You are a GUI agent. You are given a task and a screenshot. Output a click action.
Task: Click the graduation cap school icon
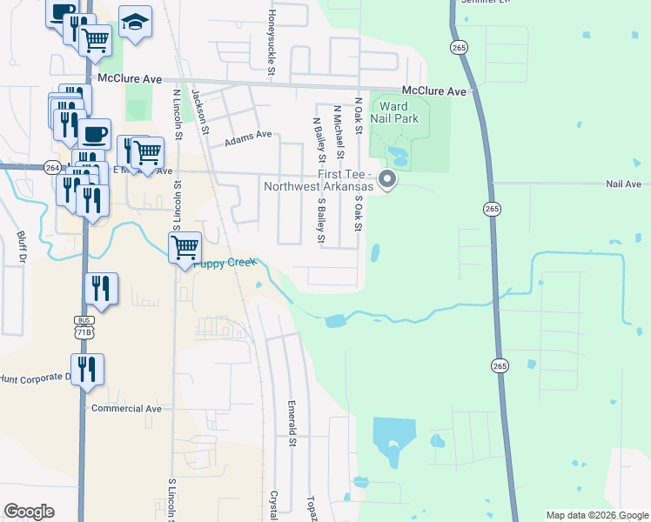coord(135,23)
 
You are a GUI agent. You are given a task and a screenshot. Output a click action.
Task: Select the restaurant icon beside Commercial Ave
coord(87,369)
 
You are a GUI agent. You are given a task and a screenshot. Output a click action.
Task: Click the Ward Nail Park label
coord(399,112)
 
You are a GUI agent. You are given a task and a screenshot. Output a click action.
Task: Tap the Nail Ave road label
coord(623,184)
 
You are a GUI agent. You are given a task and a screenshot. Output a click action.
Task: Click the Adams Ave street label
coord(248,138)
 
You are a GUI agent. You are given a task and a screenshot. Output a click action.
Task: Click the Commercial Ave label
coord(126,408)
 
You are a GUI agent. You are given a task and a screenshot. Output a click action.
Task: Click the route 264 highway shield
coord(51,168)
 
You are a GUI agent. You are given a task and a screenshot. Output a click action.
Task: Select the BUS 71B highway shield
coord(84,326)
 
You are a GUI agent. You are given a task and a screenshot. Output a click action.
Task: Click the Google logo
coord(29,512)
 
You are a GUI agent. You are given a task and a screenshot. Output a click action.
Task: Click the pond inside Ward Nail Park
coord(398,157)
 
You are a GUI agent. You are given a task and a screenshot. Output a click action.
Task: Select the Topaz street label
coord(311,509)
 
